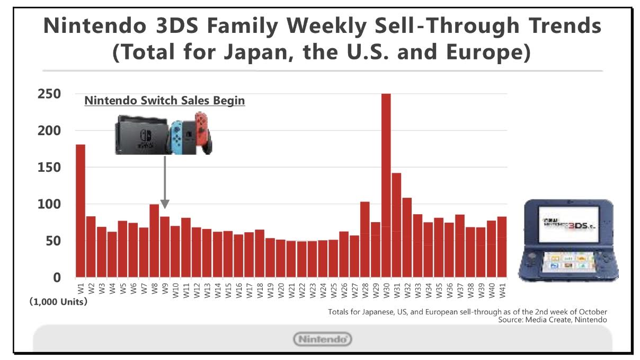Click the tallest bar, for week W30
pos(386,186)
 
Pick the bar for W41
pos(502,247)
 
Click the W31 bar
pos(397,225)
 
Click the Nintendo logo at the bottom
pos(323,339)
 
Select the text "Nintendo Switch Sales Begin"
pos(165,100)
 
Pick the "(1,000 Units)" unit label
pos(58,303)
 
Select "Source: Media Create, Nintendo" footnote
pos(553,320)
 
